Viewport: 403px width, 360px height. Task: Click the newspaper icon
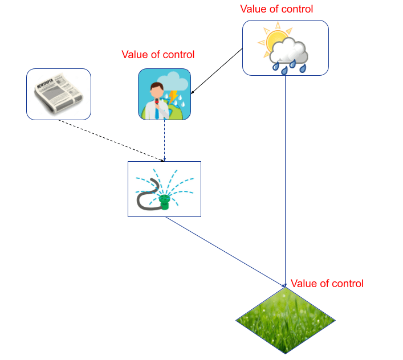[59, 94]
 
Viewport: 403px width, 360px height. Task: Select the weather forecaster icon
[164, 94]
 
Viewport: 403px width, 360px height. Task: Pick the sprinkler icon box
[164, 189]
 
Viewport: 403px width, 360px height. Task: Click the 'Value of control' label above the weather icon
[277, 9]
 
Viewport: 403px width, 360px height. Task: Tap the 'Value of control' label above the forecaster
[158, 54]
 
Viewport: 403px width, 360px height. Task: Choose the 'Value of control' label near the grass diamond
[327, 283]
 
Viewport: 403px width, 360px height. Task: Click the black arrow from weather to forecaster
[217, 71]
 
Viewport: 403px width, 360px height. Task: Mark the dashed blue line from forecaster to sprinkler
[164, 140]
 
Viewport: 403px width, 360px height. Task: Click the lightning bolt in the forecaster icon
[172, 96]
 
